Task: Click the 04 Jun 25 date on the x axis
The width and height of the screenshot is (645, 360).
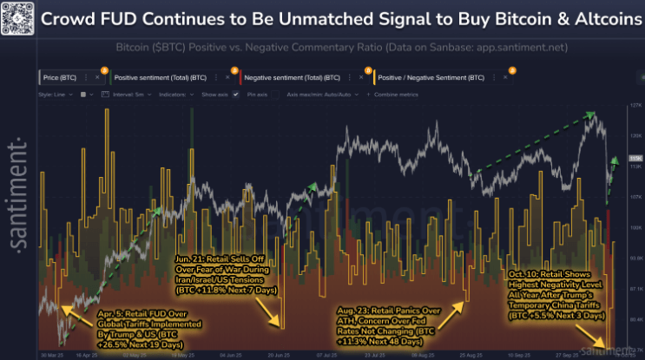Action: click(x=231, y=355)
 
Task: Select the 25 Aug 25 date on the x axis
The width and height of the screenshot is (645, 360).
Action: click(x=471, y=355)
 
